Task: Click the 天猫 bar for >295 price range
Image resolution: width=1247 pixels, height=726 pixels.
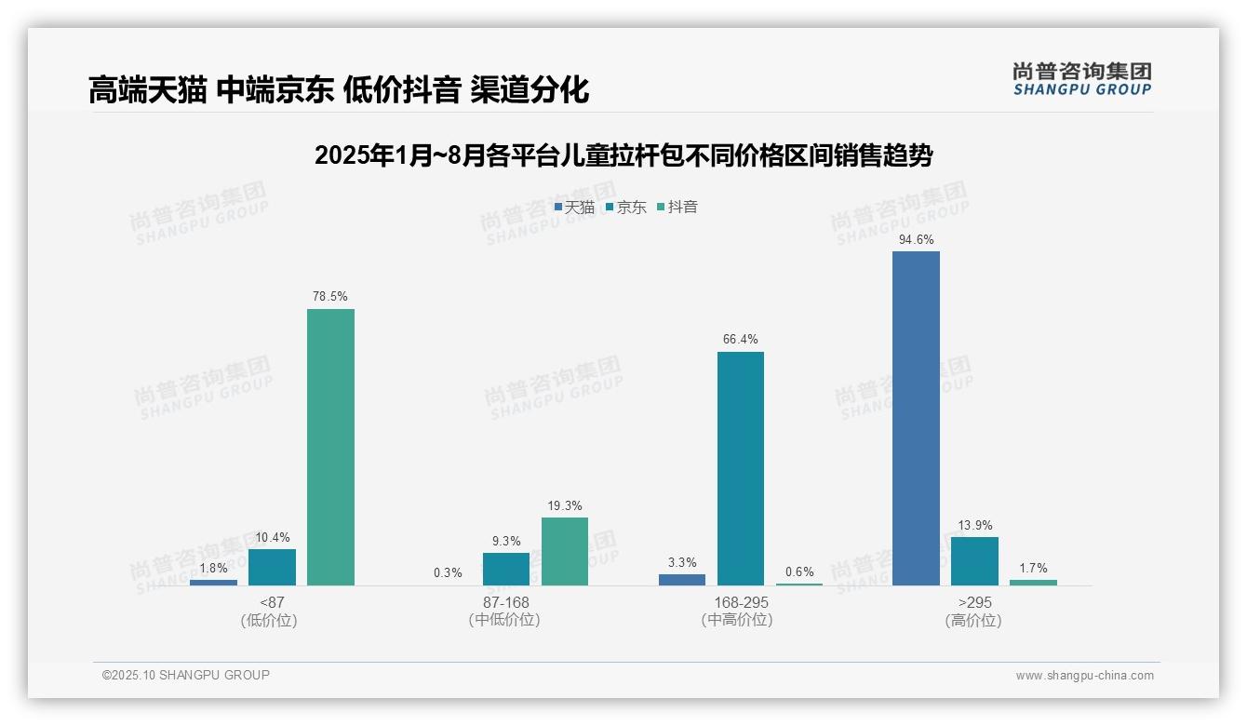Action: click(916, 418)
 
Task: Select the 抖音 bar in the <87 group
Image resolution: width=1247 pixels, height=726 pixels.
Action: click(330, 447)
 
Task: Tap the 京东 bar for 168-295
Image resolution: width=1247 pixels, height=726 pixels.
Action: click(741, 468)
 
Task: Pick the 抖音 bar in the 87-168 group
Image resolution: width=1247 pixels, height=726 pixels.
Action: click(565, 551)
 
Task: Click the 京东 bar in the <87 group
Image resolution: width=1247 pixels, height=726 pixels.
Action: click(272, 567)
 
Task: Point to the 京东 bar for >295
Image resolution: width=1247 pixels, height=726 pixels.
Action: click(974, 560)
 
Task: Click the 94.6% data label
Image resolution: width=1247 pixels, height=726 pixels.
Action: click(916, 240)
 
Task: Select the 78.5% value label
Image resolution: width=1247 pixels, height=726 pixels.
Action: click(330, 297)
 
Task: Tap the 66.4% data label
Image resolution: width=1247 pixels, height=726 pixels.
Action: click(741, 340)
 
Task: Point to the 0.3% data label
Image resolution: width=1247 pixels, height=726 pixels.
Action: click(448, 573)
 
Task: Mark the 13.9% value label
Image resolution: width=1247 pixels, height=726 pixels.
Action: click(974, 526)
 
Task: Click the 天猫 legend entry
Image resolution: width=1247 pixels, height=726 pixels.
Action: click(574, 208)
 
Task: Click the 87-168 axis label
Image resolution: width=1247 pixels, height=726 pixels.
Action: click(506, 602)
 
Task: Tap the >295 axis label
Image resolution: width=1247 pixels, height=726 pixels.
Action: click(974, 602)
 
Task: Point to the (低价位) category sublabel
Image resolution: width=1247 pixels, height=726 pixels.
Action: click(269, 621)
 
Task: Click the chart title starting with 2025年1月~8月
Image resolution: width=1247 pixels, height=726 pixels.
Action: click(623, 155)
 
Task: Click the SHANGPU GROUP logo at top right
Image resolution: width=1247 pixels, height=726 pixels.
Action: click(1081, 79)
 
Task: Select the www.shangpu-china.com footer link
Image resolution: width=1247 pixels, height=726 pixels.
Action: click(1084, 676)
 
